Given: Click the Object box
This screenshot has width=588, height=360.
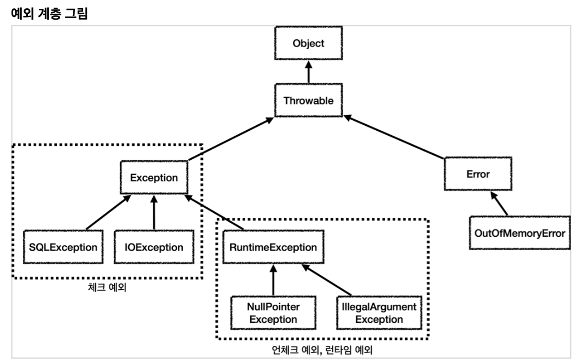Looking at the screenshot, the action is pos(308,43).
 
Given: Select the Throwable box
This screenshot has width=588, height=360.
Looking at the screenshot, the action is pos(308,101).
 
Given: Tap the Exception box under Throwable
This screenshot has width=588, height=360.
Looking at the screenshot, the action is pos(154,178).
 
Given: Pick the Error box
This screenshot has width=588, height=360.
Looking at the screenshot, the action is pos(478,174).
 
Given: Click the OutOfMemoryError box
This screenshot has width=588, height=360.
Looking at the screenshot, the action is pos(520,233).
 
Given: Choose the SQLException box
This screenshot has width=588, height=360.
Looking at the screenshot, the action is pos(63,247).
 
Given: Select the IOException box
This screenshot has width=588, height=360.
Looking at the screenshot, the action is pos(154,247).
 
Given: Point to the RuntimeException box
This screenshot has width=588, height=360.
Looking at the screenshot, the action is pos(273,247).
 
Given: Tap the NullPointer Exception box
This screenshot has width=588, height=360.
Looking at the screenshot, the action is pos(273,313).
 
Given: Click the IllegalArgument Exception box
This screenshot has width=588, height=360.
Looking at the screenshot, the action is pos(379,313).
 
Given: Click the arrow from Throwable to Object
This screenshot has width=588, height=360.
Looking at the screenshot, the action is pos(308,72).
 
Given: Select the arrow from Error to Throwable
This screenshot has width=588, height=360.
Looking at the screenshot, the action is pos(394,137).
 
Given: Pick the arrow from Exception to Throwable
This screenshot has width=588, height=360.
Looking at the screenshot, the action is pos(231,138).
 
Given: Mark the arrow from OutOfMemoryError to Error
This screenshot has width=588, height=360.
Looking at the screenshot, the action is pos(499,204).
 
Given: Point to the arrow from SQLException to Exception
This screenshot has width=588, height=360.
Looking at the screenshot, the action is pos(108,212).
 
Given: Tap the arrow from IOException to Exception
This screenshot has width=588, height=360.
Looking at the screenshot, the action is pos(154,212).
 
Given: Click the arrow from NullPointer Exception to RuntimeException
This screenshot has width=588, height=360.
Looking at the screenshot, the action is pos(273,280).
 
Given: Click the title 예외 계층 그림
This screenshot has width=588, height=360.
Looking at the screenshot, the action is pos(49,14).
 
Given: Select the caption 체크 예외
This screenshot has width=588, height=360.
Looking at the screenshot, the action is pos(107,287).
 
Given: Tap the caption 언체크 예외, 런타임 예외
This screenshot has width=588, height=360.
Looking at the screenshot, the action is pos(322,350).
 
